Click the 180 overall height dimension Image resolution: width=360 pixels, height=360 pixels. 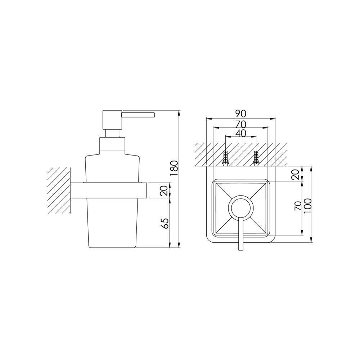click(x=174, y=168)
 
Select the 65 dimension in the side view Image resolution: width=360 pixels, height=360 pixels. click(x=165, y=223)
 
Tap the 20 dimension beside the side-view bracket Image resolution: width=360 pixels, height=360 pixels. click(x=164, y=190)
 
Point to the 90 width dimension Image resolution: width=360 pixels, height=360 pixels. click(x=240, y=114)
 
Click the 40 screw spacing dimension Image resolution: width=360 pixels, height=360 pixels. click(x=240, y=133)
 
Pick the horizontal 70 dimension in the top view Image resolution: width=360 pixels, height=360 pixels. click(x=240, y=125)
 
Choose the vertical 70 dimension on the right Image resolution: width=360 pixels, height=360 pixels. click(x=298, y=206)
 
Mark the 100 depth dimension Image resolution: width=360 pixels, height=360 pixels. click(x=307, y=206)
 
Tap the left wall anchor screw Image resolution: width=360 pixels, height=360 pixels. click(x=226, y=158)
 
